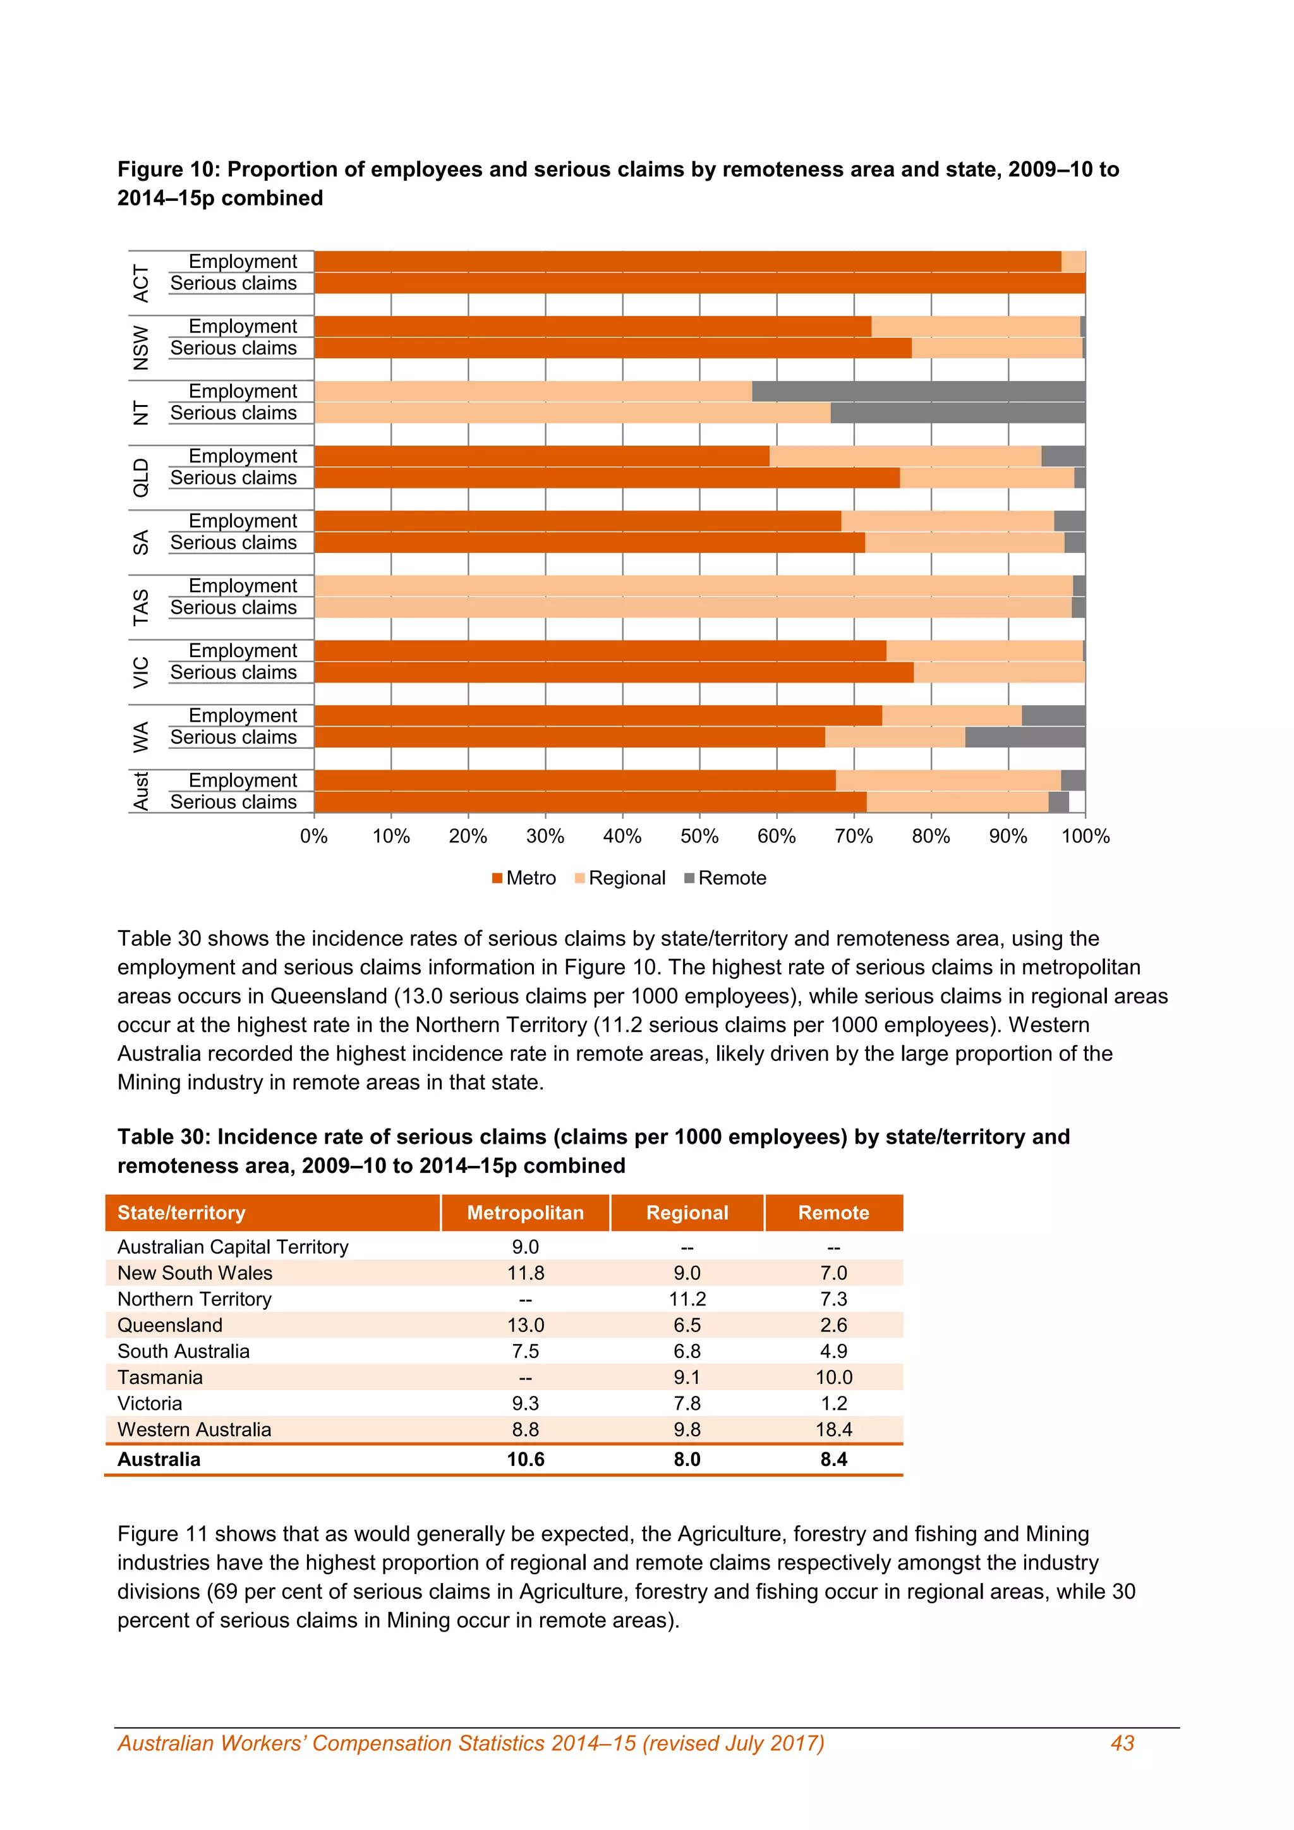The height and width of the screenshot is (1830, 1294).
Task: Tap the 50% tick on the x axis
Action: [x=699, y=836]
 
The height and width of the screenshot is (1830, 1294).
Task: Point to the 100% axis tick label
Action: [x=1085, y=836]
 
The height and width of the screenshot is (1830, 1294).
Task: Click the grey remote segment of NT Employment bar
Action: [x=918, y=391]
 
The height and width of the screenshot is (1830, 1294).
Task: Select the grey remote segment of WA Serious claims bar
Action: [x=1025, y=737]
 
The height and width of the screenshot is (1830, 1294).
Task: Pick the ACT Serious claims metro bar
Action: [x=699, y=284]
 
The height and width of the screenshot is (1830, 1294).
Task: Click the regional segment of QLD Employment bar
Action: [x=905, y=456]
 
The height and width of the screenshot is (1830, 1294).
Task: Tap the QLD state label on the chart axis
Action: [x=141, y=478]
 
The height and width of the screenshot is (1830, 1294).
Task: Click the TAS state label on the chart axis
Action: [x=141, y=607]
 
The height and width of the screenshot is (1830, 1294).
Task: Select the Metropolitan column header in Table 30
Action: [x=525, y=1213]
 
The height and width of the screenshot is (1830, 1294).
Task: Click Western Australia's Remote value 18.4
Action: [x=833, y=1430]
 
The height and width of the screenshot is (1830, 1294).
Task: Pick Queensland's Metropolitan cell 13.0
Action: [x=525, y=1326]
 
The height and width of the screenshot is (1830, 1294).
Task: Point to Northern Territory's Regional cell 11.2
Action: [x=687, y=1299]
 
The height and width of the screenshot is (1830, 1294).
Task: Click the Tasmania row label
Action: [x=160, y=1378]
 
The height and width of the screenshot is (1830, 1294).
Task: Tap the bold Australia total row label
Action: [x=159, y=1459]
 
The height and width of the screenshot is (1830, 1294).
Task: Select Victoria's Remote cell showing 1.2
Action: [x=833, y=1403]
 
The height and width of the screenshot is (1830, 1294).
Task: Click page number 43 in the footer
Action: [x=1122, y=1743]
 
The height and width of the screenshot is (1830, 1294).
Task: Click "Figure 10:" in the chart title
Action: [x=169, y=170]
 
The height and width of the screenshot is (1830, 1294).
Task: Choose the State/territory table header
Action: [x=182, y=1213]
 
